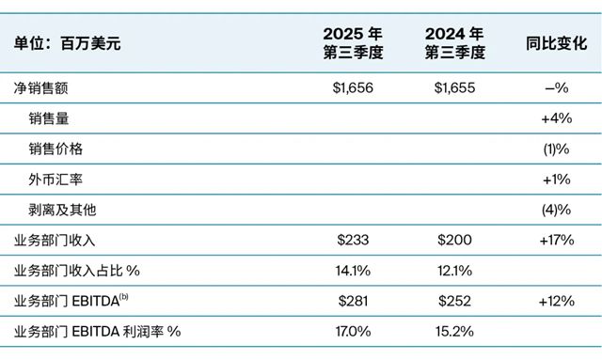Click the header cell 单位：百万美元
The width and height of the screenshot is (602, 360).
[68, 42]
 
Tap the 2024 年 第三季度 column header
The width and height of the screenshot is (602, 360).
[454, 42]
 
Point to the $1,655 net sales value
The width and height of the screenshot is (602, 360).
[454, 88]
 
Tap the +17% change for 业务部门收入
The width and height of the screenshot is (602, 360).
[556, 240]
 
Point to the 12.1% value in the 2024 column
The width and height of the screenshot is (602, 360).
[454, 271]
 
